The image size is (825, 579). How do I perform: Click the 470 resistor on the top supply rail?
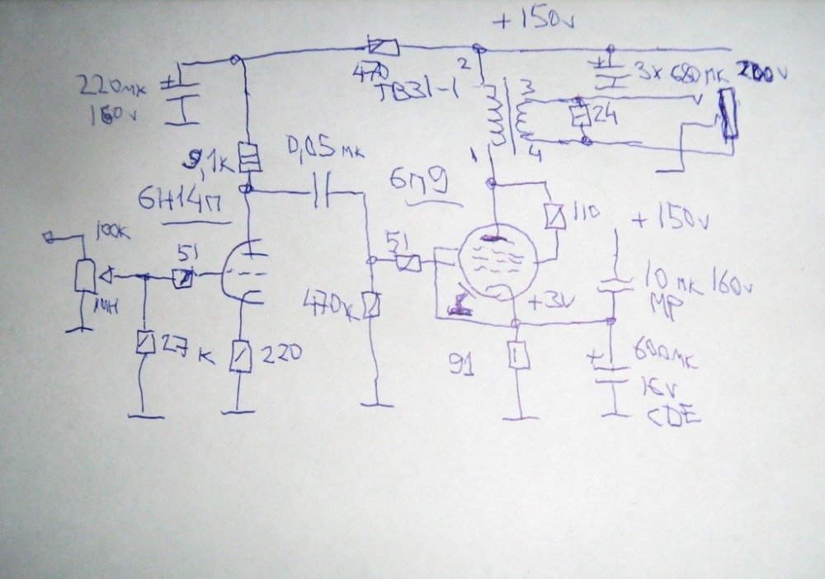click(x=384, y=47)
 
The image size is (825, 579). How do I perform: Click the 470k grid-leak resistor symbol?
click(x=373, y=305)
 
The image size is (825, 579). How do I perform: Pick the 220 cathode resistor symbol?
click(x=239, y=356)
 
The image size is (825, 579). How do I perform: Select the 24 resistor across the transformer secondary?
click(x=579, y=115)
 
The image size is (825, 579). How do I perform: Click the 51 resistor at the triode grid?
click(x=185, y=280)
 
